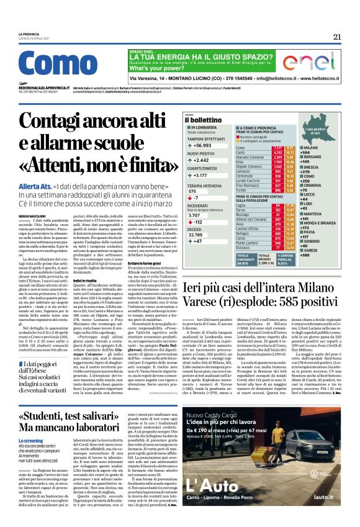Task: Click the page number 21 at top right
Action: [x=337, y=37]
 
